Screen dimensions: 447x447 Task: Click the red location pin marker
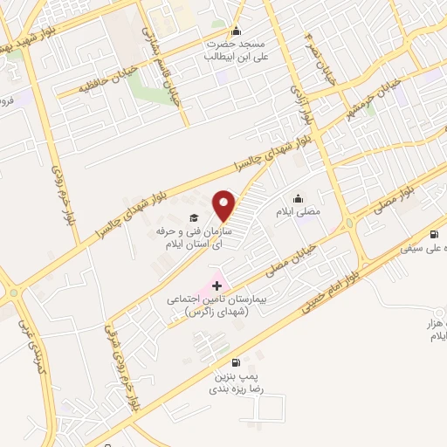[226, 205]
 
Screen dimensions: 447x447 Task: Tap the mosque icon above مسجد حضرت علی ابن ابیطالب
[234, 31]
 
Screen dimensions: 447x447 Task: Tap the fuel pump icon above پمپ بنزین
[234, 362]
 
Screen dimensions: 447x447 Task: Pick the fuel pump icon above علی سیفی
[434, 234]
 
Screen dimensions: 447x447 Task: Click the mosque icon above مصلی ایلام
[299, 197]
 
